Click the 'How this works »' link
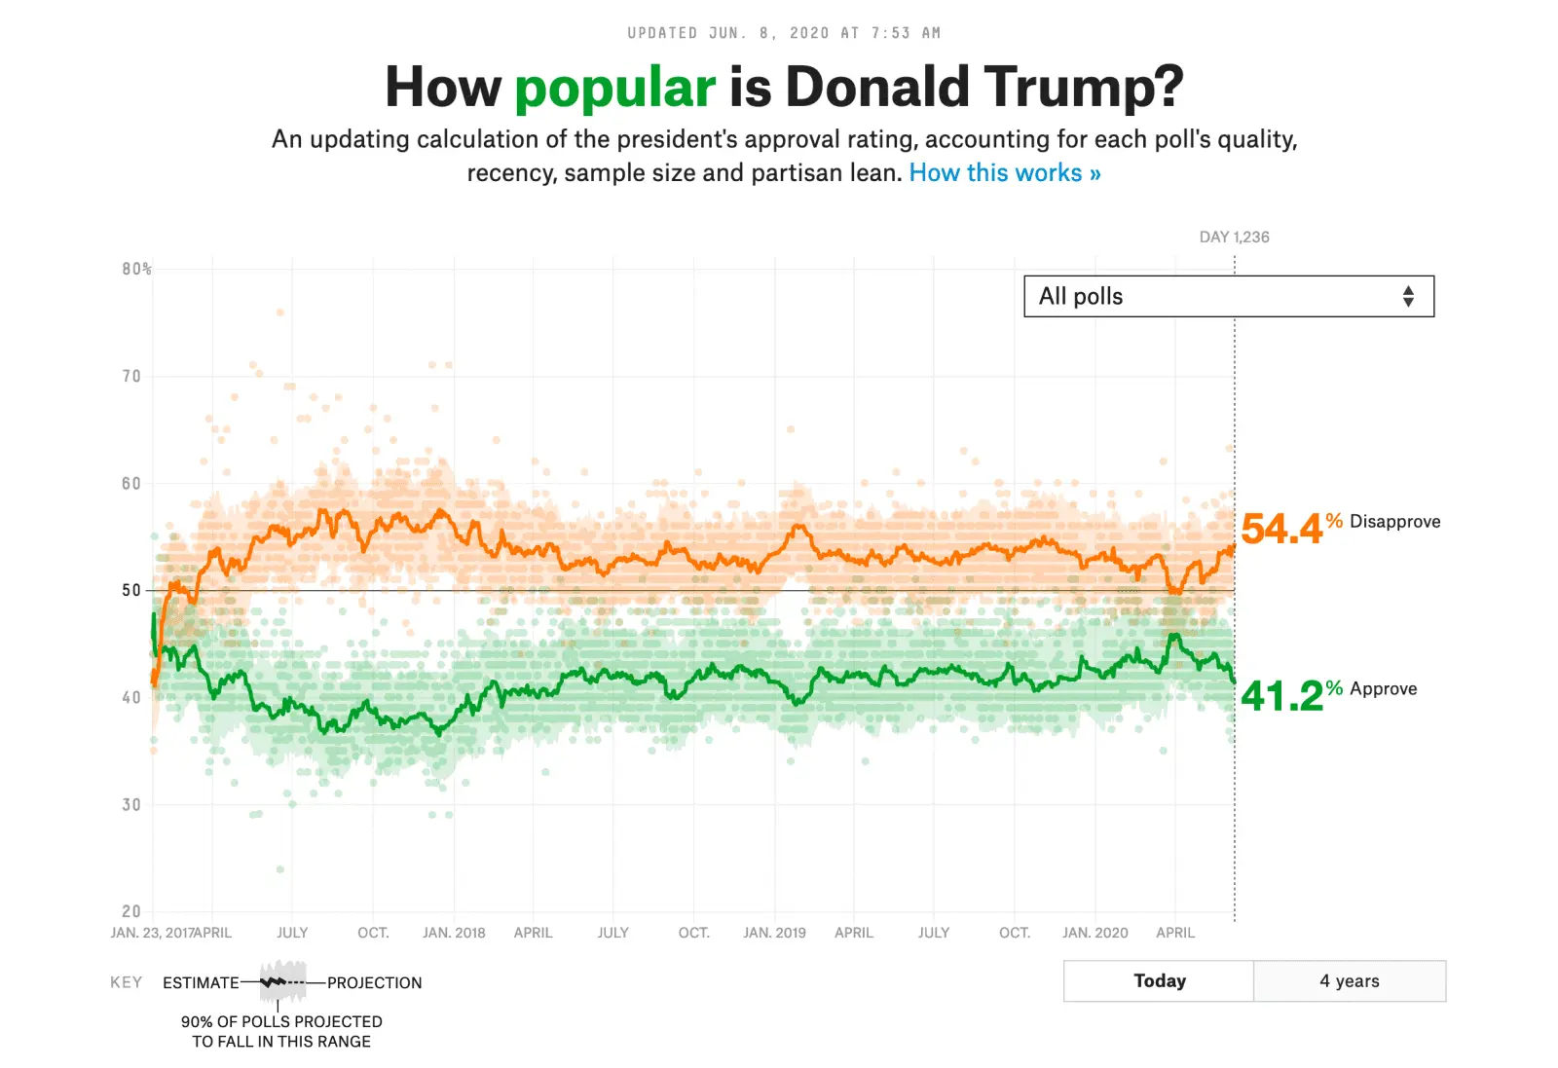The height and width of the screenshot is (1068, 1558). pyautogui.click(x=1004, y=173)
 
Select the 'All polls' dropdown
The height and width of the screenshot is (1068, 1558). pyautogui.click(x=1228, y=296)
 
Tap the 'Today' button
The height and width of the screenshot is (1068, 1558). pyautogui.click(x=1159, y=980)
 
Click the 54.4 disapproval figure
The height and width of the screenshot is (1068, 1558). pyautogui.click(x=1281, y=529)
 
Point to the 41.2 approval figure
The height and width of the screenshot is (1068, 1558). pyautogui.click(x=1281, y=696)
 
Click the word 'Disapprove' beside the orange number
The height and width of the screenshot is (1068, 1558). pyautogui.click(x=1394, y=522)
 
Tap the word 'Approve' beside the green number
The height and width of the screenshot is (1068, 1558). pyautogui.click(x=1383, y=689)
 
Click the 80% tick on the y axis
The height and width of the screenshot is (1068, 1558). pyautogui.click(x=136, y=269)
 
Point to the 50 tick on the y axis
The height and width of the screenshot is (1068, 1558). pyautogui.click(x=131, y=590)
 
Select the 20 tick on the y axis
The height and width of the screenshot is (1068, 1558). pyautogui.click(x=131, y=911)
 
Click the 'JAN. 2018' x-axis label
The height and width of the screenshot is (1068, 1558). pyautogui.click(x=454, y=933)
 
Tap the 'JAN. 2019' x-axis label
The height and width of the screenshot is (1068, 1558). pyautogui.click(x=774, y=933)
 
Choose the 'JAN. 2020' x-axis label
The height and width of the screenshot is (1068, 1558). pyautogui.click(x=1094, y=933)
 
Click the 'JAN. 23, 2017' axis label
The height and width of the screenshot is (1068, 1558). pyautogui.click(x=152, y=933)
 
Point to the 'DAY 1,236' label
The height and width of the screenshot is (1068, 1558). pyautogui.click(x=1234, y=237)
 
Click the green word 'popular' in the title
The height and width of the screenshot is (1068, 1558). pyautogui.click(x=614, y=88)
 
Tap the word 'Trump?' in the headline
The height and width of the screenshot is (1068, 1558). pyautogui.click(x=1083, y=88)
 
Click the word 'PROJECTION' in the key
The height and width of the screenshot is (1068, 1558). pyautogui.click(x=374, y=983)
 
